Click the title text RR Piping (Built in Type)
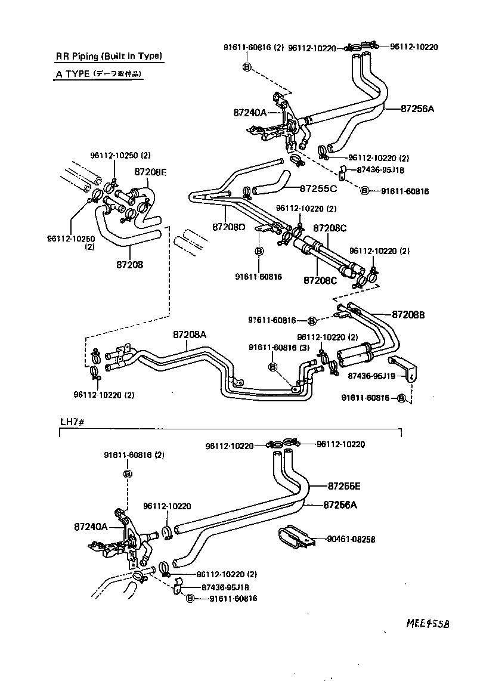click(109, 57)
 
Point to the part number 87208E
click(150, 172)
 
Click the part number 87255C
click(318, 188)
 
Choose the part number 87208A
click(190, 335)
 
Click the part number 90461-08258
click(351, 539)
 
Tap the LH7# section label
click(74, 422)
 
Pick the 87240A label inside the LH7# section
click(91, 527)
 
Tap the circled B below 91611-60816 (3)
click(272, 367)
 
